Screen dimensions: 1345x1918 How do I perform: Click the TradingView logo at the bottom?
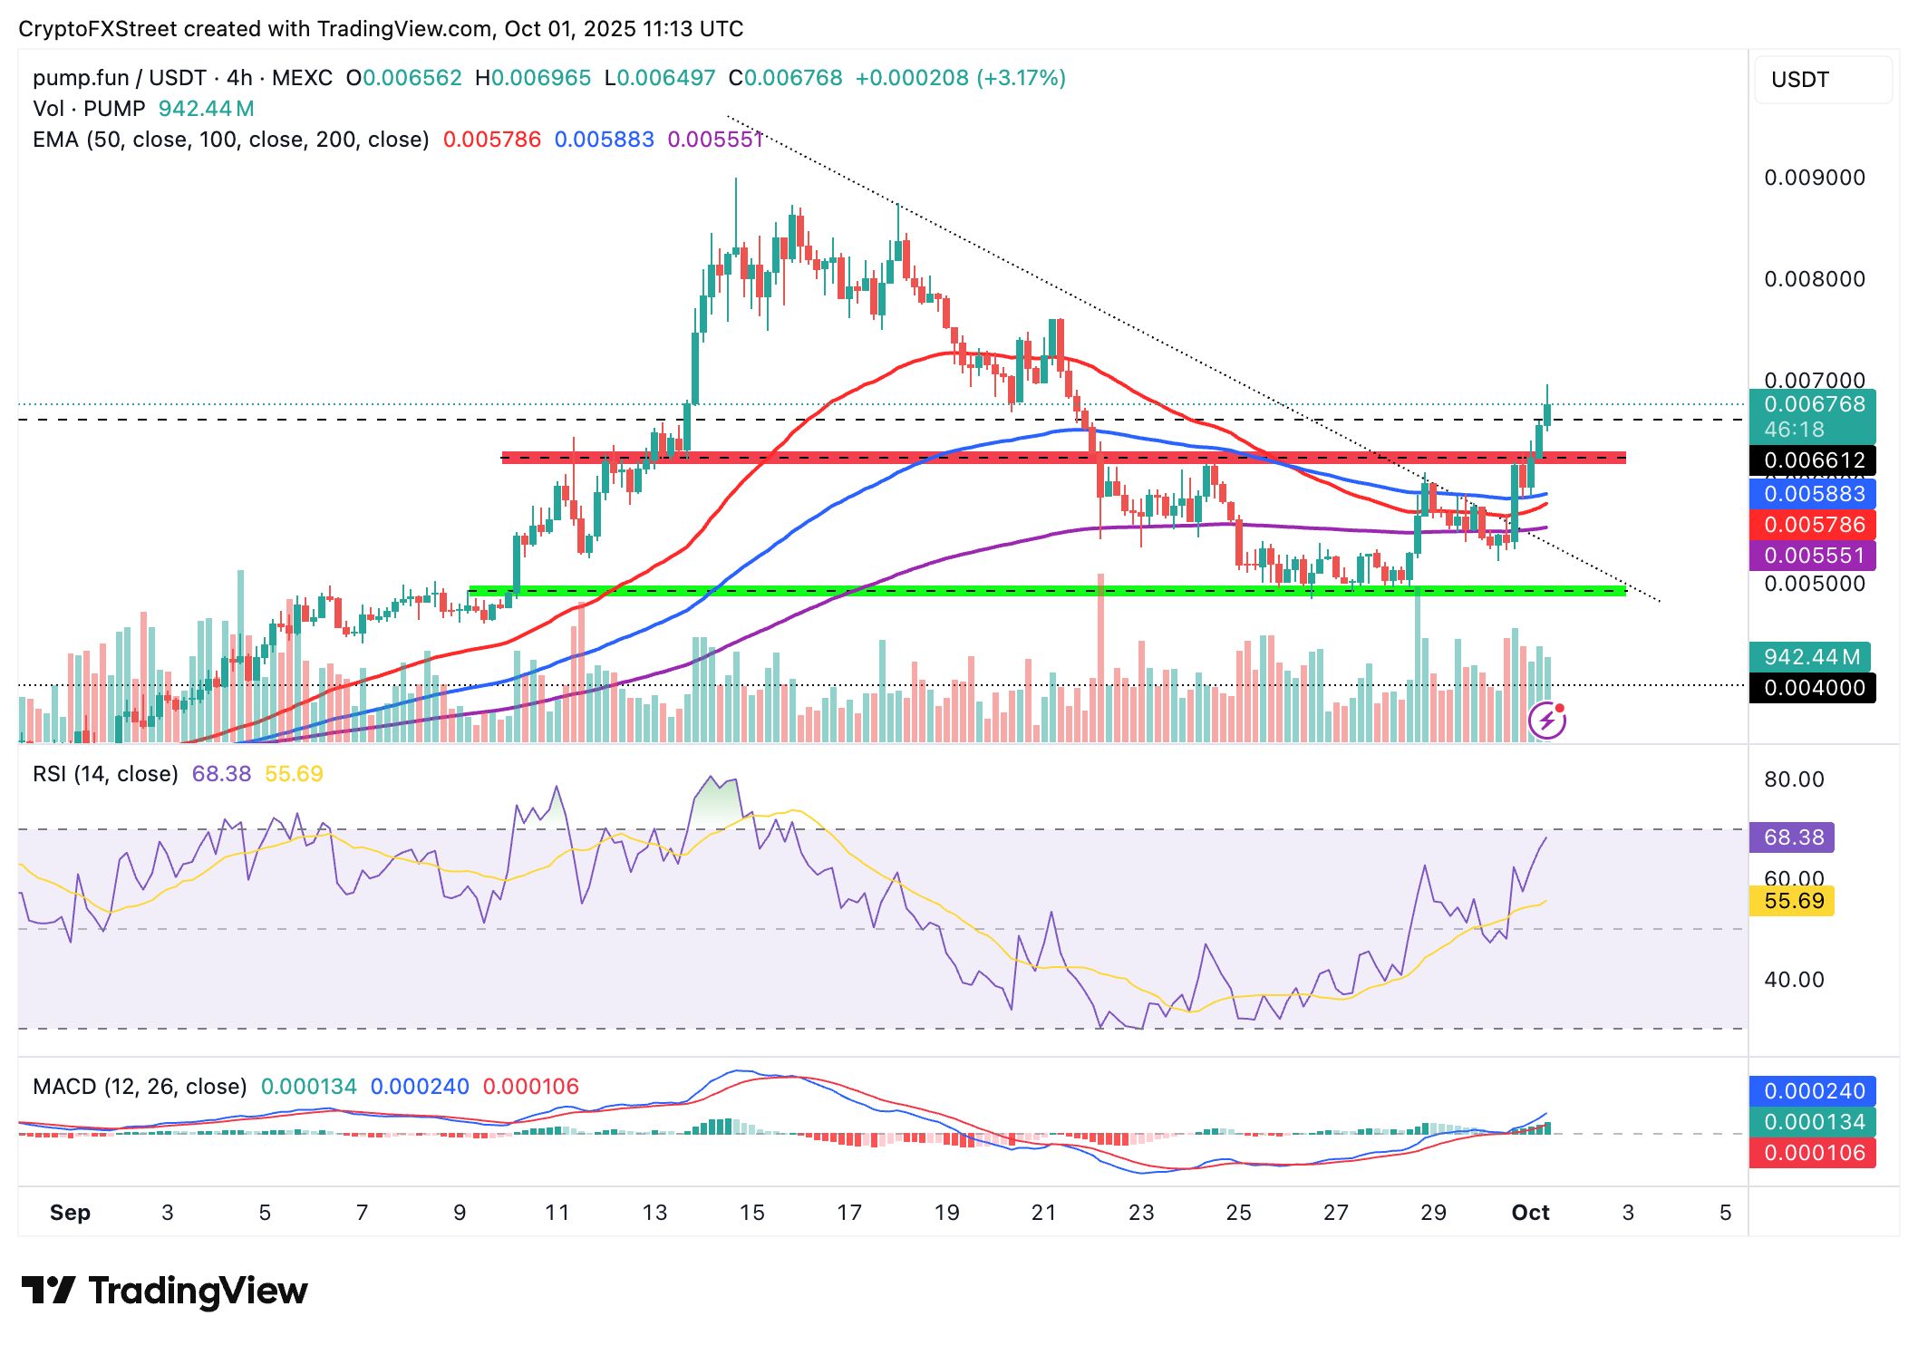point(164,1291)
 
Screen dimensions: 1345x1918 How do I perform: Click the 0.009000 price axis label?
point(1814,178)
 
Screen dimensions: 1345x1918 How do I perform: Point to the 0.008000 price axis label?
point(1814,279)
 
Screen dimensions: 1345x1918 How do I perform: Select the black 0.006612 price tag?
point(1812,460)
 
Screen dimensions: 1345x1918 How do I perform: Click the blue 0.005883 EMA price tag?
point(1812,494)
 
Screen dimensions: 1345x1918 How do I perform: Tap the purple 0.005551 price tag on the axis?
point(1812,556)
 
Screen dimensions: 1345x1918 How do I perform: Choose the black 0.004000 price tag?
point(1812,688)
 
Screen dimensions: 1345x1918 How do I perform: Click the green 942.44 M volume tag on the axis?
point(1810,657)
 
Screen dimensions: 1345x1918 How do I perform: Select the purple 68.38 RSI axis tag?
point(1792,837)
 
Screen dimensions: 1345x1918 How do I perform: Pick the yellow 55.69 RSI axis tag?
point(1792,901)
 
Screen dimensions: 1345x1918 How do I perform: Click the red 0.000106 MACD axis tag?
point(1812,1153)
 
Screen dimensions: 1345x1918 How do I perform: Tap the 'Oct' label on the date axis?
point(1530,1213)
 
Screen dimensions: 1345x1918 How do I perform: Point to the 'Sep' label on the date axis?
point(70,1213)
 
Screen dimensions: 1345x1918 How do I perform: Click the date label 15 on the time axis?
point(751,1213)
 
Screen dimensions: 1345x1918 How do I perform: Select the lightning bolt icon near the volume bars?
point(1547,721)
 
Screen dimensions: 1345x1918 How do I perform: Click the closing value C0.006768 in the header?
point(785,78)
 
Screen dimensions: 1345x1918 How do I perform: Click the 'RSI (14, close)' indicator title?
point(105,774)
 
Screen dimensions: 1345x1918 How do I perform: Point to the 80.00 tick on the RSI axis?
point(1793,779)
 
